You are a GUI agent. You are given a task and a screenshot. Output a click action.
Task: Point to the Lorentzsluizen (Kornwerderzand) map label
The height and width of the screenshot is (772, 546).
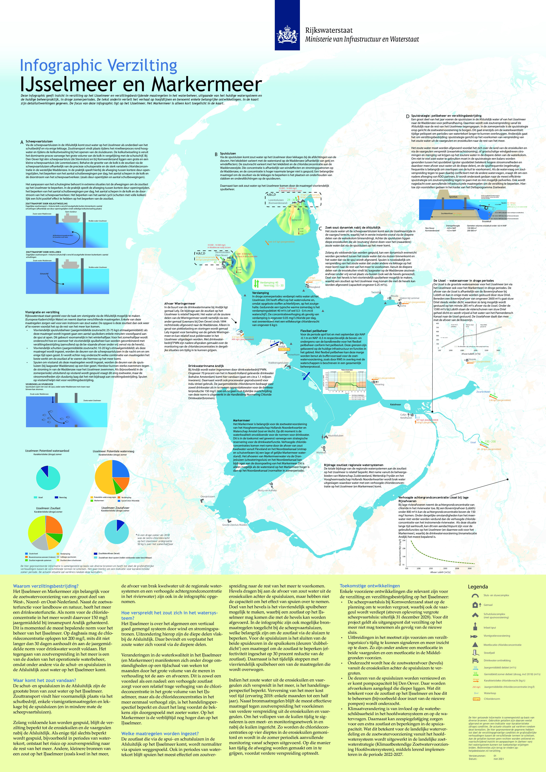click(278, 201)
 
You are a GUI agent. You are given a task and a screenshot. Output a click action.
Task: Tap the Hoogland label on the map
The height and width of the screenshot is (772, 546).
click(315, 287)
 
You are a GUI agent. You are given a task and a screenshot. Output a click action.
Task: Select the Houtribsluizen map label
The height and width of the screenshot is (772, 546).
click(335, 435)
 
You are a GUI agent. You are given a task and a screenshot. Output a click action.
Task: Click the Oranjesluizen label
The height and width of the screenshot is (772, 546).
click(207, 496)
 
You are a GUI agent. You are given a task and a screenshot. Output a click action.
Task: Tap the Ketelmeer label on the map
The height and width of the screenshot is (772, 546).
click(395, 405)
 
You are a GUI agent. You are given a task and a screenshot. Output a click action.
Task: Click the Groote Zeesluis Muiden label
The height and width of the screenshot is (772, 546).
click(235, 525)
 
